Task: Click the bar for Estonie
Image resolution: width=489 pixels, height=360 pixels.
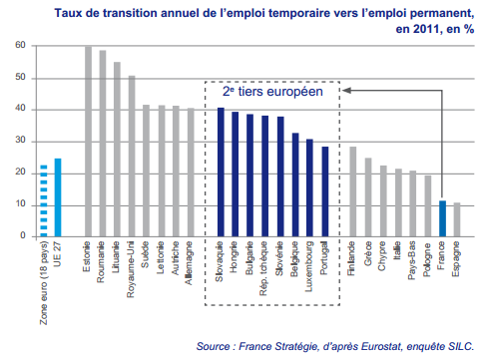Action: pyautogui.click(x=88, y=141)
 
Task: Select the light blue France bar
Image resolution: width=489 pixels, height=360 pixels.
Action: pyautogui.click(x=442, y=218)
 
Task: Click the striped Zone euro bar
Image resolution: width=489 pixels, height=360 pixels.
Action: pyautogui.click(x=42, y=200)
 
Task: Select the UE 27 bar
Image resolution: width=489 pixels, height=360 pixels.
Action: pyautogui.click(x=58, y=196)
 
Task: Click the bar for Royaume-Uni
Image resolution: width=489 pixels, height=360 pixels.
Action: pyautogui.click(x=132, y=156)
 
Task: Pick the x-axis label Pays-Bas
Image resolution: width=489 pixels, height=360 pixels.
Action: pyautogui.click(x=413, y=261)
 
